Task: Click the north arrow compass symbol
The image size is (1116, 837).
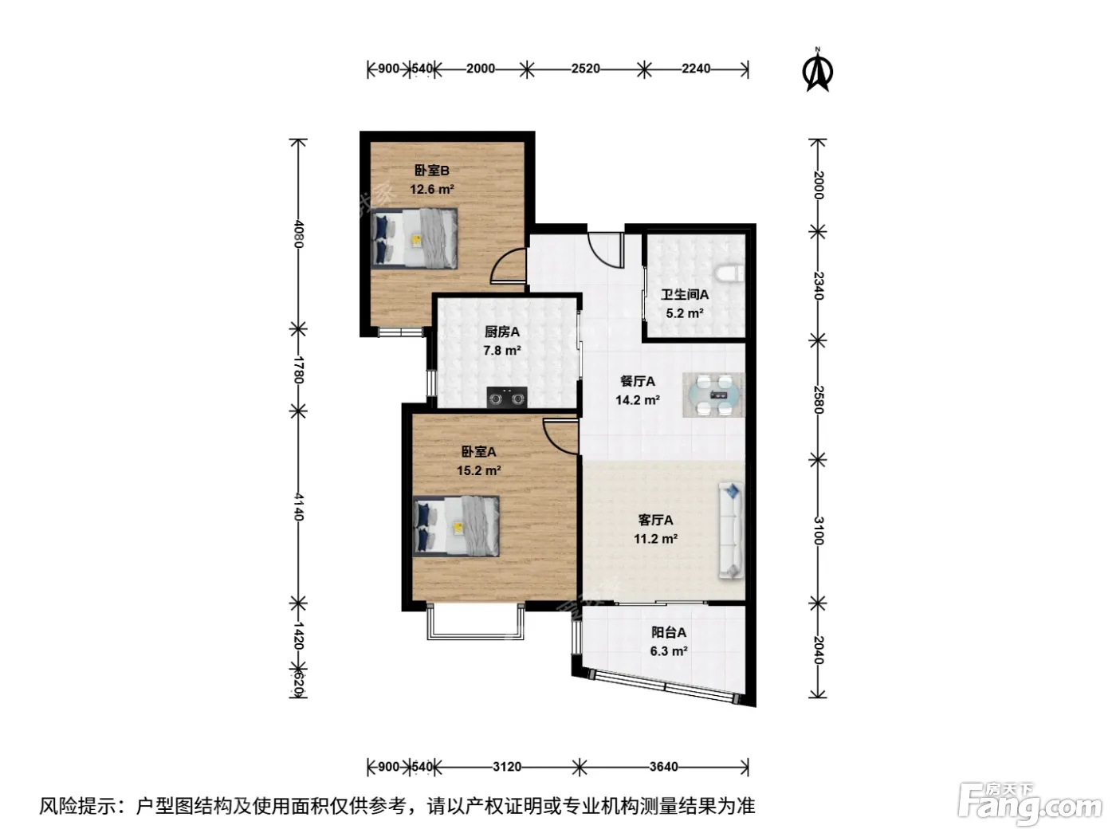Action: click(818, 70)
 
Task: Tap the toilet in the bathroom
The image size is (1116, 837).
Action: click(729, 273)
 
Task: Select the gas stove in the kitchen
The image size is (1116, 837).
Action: click(506, 398)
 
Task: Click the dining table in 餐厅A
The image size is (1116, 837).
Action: click(713, 395)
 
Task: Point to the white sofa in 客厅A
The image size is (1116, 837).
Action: click(731, 531)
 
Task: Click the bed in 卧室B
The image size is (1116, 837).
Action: click(414, 238)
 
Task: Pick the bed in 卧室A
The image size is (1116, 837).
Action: click(455, 526)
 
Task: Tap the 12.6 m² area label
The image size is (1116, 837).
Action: click(432, 190)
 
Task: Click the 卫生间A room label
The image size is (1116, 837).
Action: click(684, 294)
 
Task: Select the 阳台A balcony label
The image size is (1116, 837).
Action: click(669, 632)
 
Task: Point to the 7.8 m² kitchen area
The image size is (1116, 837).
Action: click(502, 351)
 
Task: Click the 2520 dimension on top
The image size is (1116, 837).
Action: click(585, 69)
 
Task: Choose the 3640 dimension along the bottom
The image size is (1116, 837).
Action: click(663, 766)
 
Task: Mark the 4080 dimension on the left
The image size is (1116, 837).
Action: click(299, 234)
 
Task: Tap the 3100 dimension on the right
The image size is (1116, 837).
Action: click(818, 531)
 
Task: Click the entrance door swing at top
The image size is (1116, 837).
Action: click(606, 250)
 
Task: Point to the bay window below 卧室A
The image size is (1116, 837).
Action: click(475, 622)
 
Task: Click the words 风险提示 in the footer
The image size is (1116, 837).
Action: click(78, 806)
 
